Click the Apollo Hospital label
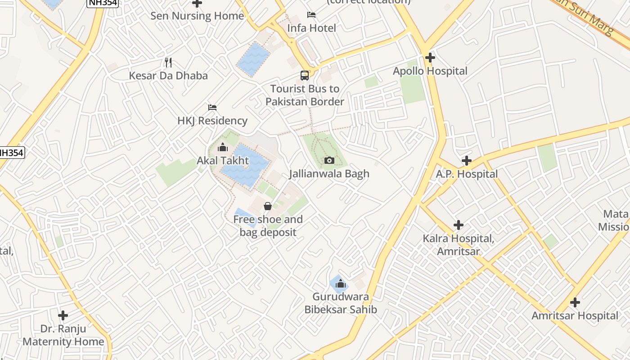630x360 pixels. pyautogui.click(x=430, y=71)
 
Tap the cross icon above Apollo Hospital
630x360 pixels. pyautogui.click(x=430, y=58)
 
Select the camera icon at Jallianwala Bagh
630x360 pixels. pyautogui.click(x=329, y=160)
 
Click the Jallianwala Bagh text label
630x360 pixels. pyautogui.click(x=329, y=174)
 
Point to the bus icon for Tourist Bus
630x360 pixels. pyautogui.click(x=305, y=75)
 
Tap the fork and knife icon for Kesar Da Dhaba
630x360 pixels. pyautogui.click(x=168, y=62)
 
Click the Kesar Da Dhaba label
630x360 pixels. pyautogui.click(x=168, y=75)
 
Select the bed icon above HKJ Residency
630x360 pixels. pyautogui.click(x=212, y=108)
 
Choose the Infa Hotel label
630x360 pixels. pyautogui.click(x=312, y=28)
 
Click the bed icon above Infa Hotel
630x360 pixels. pyautogui.click(x=311, y=15)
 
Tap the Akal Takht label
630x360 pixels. pyautogui.click(x=223, y=161)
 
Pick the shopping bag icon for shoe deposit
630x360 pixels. pyautogui.click(x=268, y=206)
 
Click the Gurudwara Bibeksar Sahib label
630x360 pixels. pyautogui.click(x=341, y=303)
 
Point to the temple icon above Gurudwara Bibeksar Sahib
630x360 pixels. pyautogui.click(x=341, y=284)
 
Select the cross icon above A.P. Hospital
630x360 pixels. pyautogui.click(x=467, y=161)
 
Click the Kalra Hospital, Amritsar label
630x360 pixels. pyautogui.click(x=459, y=245)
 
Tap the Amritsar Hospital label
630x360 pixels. pyautogui.click(x=575, y=316)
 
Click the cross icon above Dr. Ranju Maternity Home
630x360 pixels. pyautogui.click(x=63, y=315)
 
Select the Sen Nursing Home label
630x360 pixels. pyautogui.click(x=197, y=16)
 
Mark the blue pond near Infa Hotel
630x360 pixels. pyautogui.click(x=253, y=59)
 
